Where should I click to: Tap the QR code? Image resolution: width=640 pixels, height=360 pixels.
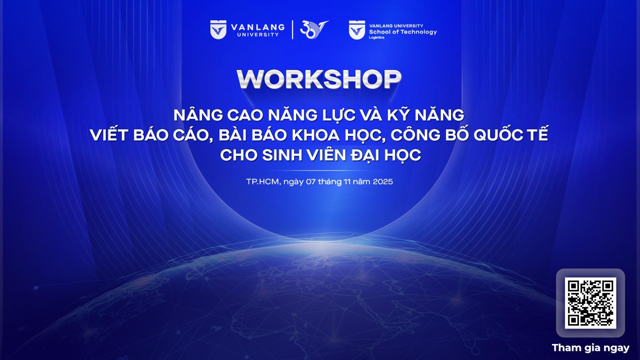pyautogui.click(x=590, y=303)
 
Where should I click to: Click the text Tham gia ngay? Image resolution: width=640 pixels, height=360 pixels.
pyautogui.click(x=591, y=347)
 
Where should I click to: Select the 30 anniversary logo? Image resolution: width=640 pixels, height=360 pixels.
pyautogui.click(x=314, y=29)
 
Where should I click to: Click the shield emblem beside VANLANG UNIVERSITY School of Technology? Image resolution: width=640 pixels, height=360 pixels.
pyautogui.click(x=357, y=30)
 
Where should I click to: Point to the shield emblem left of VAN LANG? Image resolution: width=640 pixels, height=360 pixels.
pyautogui.click(x=218, y=30)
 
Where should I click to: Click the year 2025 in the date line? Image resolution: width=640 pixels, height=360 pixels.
pyautogui.click(x=383, y=182)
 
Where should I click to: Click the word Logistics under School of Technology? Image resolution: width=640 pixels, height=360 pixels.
pyautogui.click(x=377, y=37)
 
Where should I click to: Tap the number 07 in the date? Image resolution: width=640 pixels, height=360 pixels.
pyautogui.click(x=311, y=182)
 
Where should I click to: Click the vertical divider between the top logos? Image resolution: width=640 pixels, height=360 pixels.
pyautogui.click(x=292, y=30)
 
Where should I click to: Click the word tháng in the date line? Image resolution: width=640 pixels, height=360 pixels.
pyautogui.click(x=330, y=182)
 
